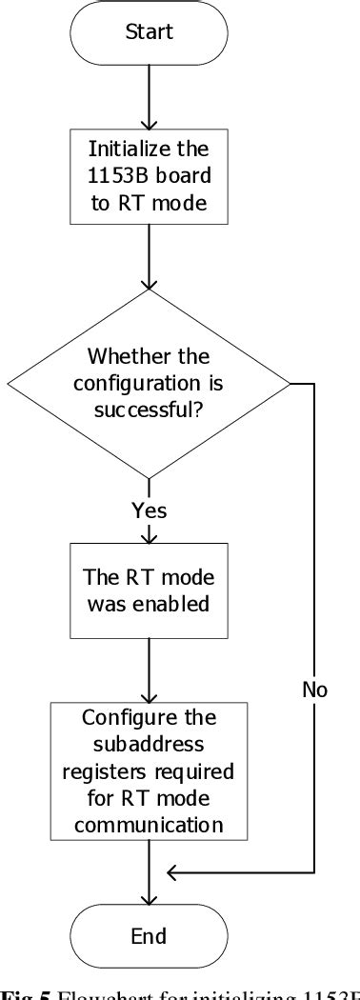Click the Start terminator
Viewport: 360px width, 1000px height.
pos(149,32)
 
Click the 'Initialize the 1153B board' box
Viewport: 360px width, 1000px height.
pos(149,175)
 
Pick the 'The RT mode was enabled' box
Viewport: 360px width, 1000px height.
pos(149,590)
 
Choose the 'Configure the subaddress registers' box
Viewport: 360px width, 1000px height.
pos(149,771)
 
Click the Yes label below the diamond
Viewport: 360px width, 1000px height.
pos(149,511)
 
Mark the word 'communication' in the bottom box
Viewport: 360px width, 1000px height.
pos(149,825)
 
